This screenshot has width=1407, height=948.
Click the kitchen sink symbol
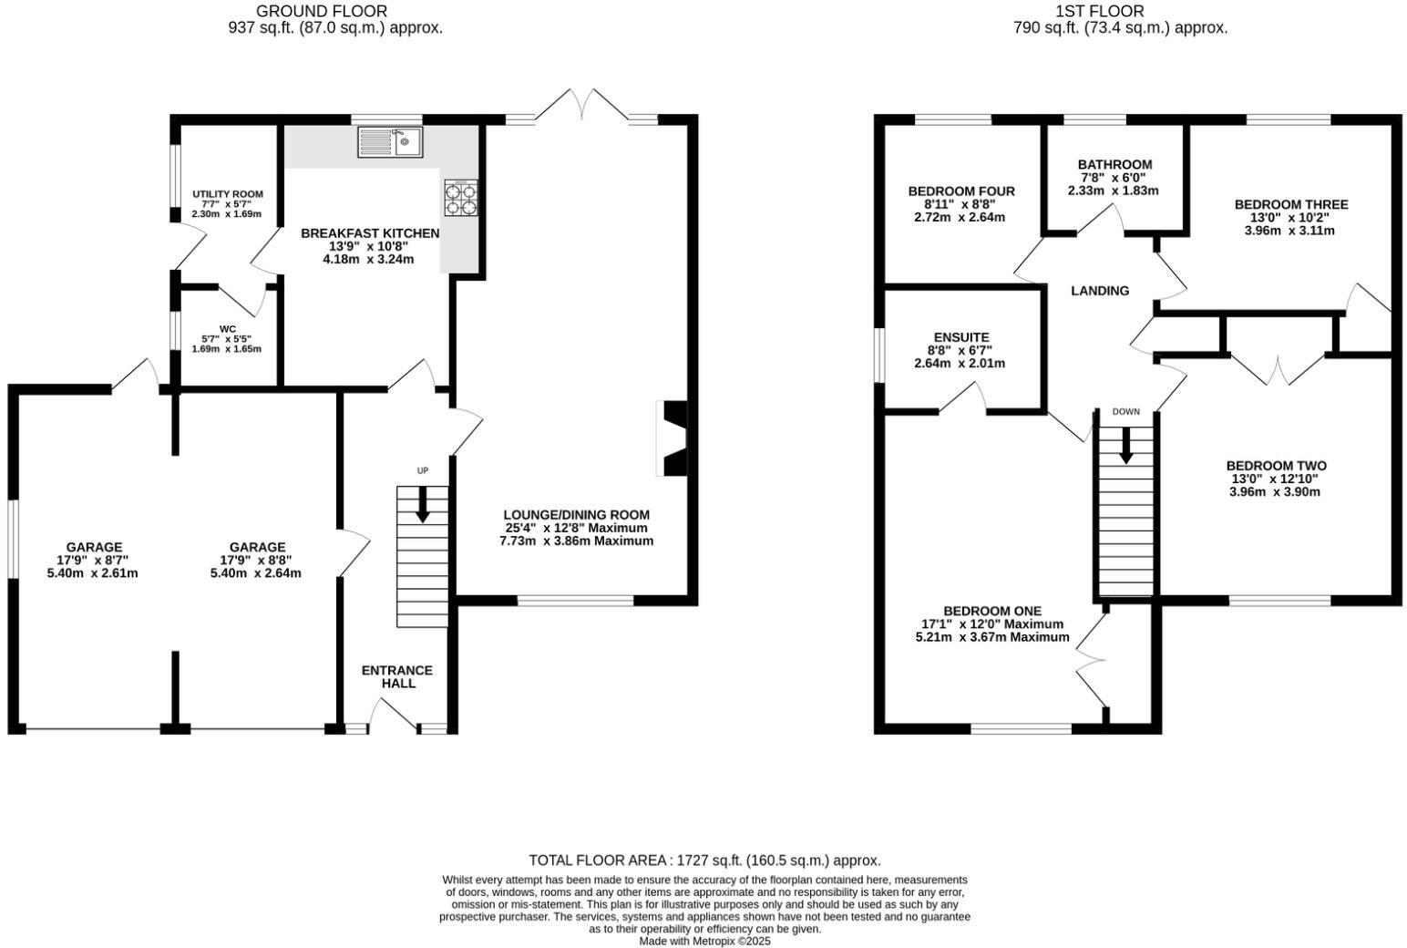point(389,142)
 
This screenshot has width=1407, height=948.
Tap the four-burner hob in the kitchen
point(461,198)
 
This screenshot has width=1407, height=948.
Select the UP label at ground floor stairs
point(422,470)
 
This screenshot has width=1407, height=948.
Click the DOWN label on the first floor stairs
point(1125,412)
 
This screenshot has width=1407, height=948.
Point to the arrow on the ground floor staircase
point(422,505)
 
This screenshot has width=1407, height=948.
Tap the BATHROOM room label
point(1114,165)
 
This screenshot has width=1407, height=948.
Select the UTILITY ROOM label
point(227,194)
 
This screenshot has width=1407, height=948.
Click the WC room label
point(227,329)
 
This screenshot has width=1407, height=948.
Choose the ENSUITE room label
point(960,337)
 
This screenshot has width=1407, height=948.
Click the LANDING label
point(1099,291)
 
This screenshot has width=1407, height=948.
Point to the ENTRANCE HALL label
point(397,676)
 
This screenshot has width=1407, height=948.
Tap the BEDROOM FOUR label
point(960,191)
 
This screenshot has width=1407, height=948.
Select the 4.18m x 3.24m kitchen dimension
point(368,259)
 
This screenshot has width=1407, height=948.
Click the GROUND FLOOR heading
point(321,11)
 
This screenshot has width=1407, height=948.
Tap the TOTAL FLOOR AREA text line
point(704,860)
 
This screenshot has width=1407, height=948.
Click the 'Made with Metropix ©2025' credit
point(704,942)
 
